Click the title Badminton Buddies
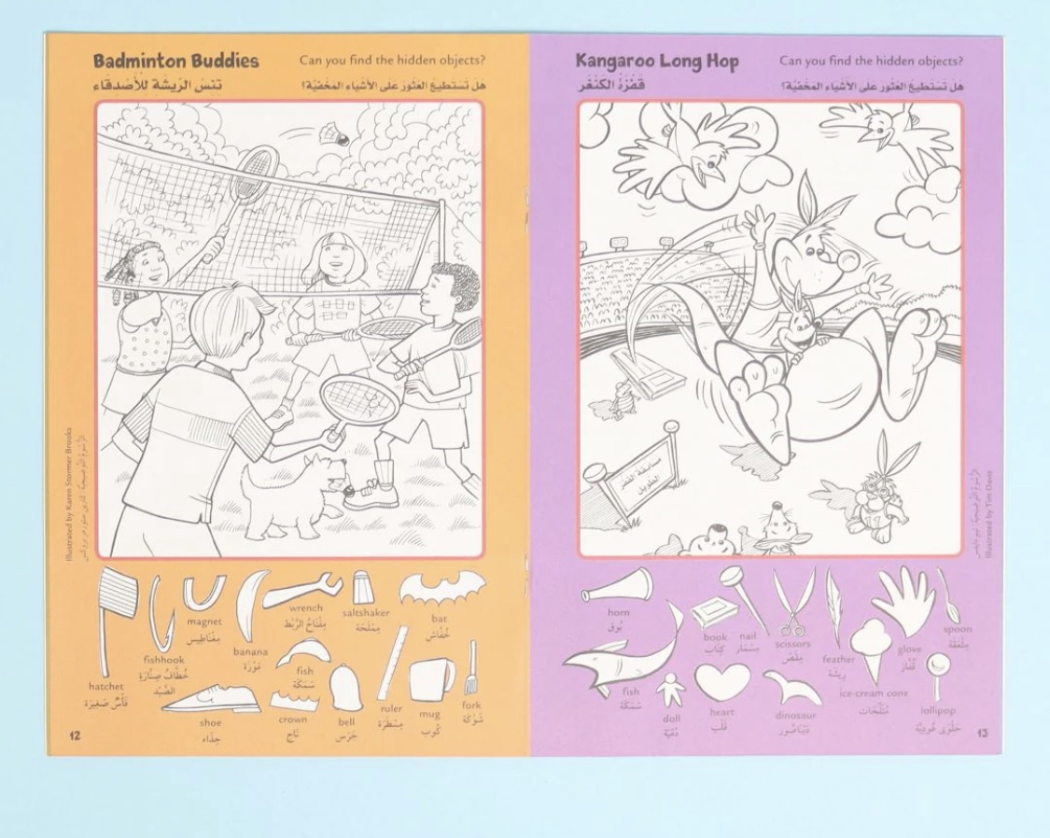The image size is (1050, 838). [175, 62]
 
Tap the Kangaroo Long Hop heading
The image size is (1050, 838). [657, 62]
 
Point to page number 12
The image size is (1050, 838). [75, 735]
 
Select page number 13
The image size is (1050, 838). [982, 733]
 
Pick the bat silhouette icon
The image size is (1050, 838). [442, 589]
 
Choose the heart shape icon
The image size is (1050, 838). [721, 681]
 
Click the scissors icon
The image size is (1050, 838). [791, 602]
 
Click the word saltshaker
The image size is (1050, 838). [365, 613]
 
